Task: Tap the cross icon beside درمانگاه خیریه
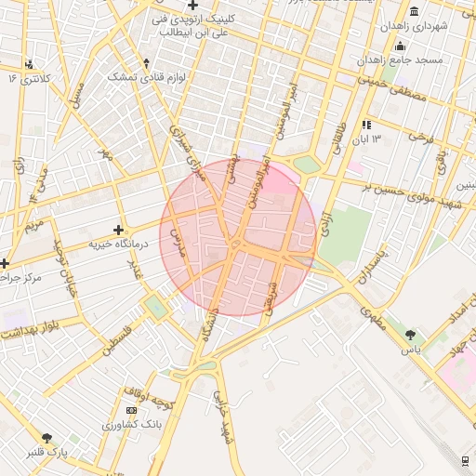(x=118, y=229)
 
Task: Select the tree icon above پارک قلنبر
(x=47, y=437)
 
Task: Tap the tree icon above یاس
(x=411, y=333)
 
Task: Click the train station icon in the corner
(x=464, y=460)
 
